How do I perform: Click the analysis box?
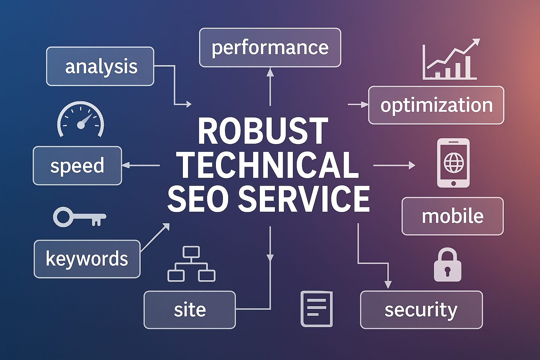[x=100, y=66]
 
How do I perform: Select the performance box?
[x=270, y=47]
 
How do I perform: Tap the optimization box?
[x=436, y=105]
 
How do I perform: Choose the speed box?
[x=77, y=166]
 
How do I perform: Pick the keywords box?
[x=87, y=259]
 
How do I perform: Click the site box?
[x=189, y=310]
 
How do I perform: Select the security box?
[x=421, y=310]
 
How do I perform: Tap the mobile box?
[x=452, y=216]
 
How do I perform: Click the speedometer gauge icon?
[x=81, y=120]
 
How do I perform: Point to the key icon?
[x=79, y=217]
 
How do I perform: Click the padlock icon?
[x=447, y=265]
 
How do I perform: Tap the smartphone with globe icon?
[x=453, y=163]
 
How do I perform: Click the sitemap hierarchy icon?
[x=191, y=264]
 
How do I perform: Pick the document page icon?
[x=316, y=309]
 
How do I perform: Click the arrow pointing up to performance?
[x=270, y=86]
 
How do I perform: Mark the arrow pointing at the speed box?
[x=141, y=165]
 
